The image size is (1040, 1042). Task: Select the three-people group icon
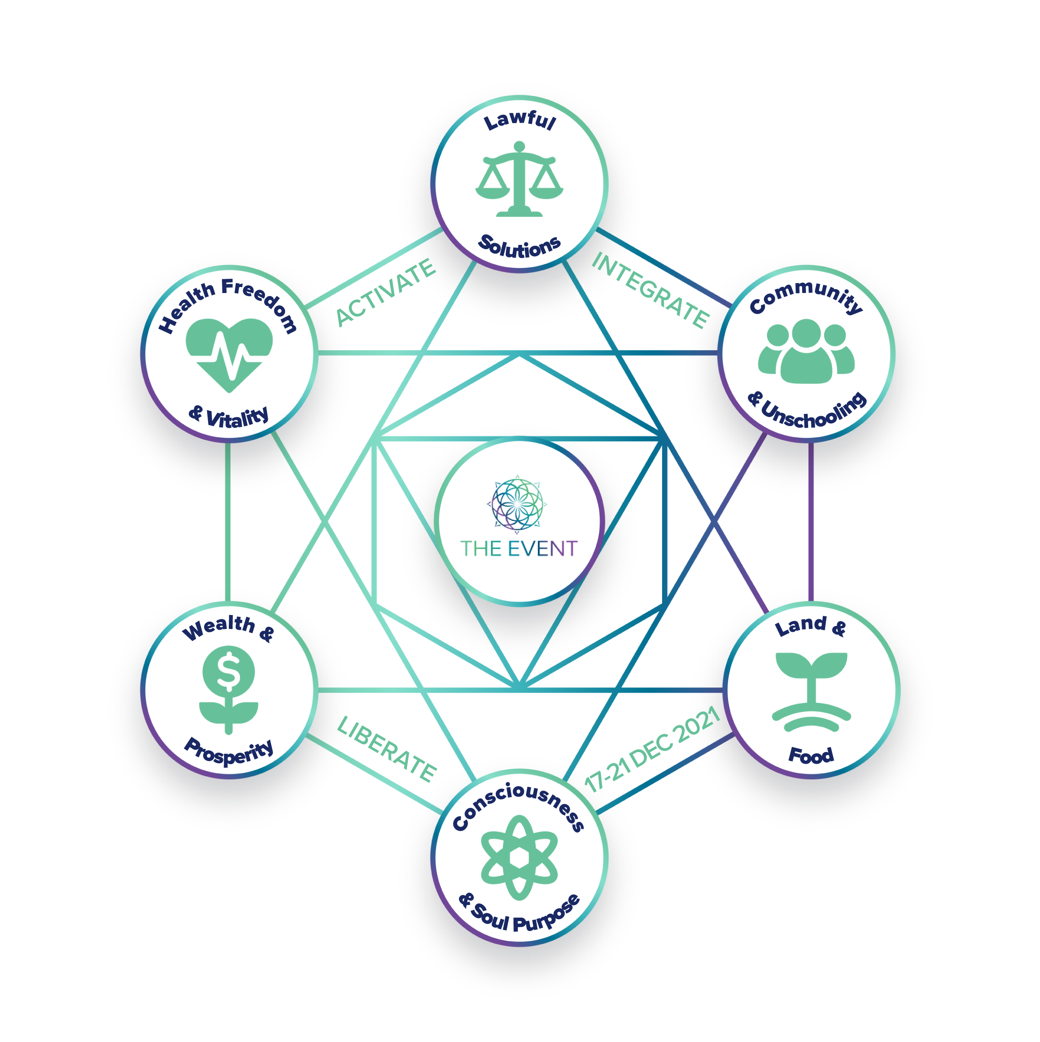point(806,351)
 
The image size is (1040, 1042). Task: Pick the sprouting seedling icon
point(811,691)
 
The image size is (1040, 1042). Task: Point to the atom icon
point(519,857)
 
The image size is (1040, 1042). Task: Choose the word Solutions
point(519,247)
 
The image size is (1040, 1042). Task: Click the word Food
point(811,755)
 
